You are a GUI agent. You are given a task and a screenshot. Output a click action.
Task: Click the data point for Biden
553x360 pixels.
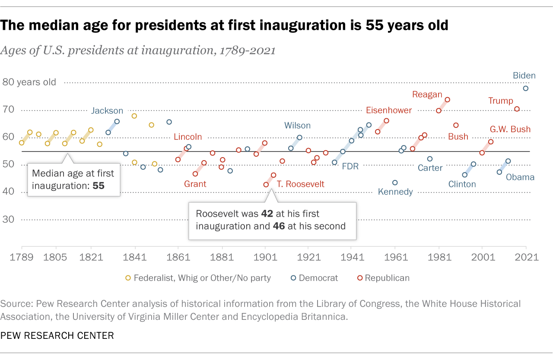[525, 88]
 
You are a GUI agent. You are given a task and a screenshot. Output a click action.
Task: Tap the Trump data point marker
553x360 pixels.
[517, 109]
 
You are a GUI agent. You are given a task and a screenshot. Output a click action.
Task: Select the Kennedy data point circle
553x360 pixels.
[395, 183]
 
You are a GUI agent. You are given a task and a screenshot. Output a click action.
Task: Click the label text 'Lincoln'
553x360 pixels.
[188, 137]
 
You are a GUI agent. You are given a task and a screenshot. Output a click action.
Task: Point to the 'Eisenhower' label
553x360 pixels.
[389, 110]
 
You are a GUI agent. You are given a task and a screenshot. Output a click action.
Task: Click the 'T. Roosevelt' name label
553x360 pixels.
[300, 184]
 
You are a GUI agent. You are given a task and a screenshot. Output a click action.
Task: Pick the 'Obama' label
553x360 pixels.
[520, 177]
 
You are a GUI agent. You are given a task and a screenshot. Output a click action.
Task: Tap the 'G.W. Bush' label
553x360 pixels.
[510, 129]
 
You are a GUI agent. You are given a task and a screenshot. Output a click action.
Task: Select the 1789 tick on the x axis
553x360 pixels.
[22, 257]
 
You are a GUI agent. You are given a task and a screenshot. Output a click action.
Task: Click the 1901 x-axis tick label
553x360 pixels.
[265, 257]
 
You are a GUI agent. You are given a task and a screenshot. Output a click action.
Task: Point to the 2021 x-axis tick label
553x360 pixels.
[526, 257]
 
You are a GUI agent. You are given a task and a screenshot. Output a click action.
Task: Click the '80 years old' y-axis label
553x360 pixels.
[29, 82]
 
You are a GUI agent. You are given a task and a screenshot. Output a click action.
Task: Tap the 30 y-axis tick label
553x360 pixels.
[9, 219]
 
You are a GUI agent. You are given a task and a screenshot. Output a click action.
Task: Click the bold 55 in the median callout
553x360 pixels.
[99, 186]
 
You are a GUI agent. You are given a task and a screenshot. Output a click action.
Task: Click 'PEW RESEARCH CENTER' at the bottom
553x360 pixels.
[57, 335]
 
